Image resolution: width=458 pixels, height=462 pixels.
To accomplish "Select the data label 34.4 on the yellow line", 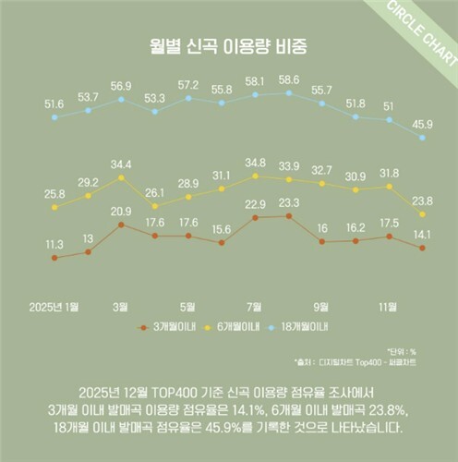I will [x=121, y=164].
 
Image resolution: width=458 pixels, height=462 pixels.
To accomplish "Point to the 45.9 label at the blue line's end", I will [x=422, y=124].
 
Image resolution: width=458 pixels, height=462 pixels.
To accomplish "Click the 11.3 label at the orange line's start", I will [x=54, y=245].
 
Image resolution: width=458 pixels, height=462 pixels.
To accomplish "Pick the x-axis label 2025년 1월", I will [x=54, y=306].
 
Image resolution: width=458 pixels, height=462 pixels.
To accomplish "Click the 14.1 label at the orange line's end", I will [x=422, y=234].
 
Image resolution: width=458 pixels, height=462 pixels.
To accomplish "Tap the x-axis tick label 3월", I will [x=121, y=306].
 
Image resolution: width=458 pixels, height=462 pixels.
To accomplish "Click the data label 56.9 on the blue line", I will [x=121, y=85].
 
